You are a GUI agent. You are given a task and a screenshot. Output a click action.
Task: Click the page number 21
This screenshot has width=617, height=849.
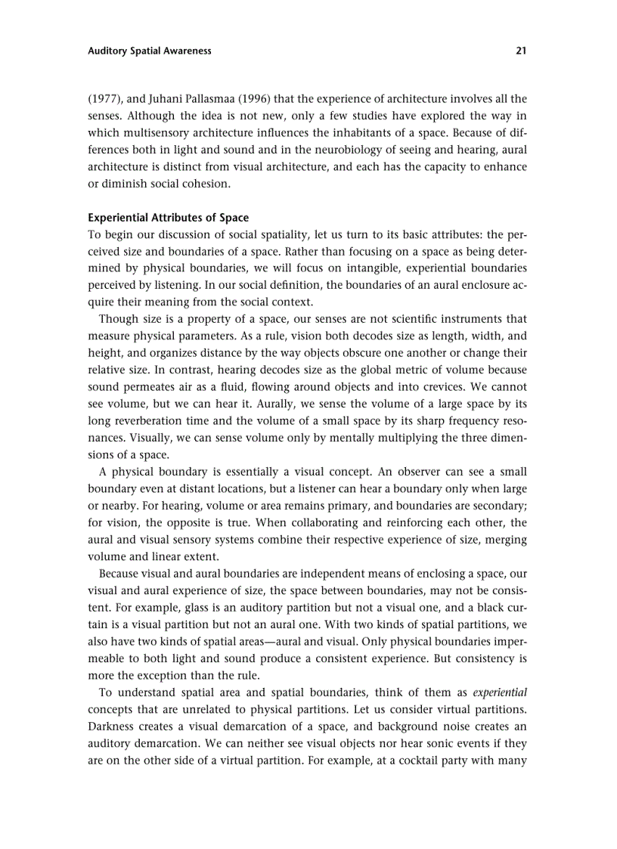[521, 51]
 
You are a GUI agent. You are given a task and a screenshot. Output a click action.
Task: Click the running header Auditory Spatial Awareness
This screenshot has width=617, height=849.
[150, 51]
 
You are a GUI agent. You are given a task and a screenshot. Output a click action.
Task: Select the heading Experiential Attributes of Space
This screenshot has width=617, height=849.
[169, 218]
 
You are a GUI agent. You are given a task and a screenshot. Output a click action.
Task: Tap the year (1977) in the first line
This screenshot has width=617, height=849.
[104, 99]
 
